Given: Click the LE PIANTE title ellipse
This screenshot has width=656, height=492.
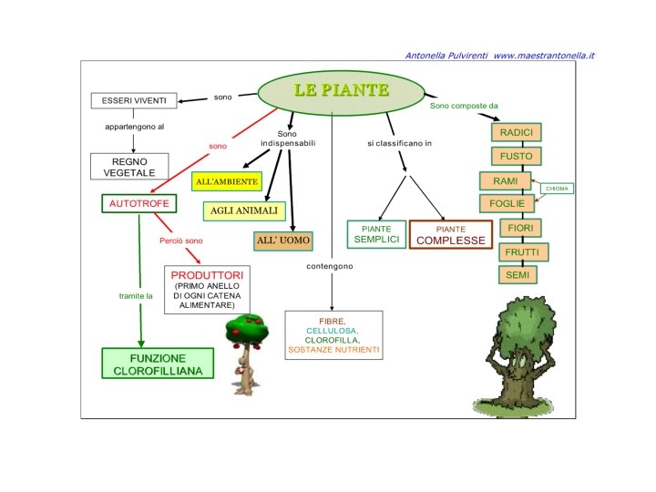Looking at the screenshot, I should [x=341, y=91].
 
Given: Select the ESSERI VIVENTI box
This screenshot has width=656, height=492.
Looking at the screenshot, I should [x=133, y=100].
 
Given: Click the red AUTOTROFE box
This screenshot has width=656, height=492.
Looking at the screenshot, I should [x=134, y=203].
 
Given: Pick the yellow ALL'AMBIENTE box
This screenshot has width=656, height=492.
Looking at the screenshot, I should [x=227, y=181].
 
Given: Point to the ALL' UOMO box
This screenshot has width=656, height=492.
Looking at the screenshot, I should [x=283, y=241].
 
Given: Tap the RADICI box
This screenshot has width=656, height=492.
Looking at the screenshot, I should [x=516, y=132].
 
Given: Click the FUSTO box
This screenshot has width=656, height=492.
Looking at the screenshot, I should [x=516, y=157].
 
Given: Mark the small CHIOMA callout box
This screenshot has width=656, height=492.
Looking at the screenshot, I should [x=557, y=189].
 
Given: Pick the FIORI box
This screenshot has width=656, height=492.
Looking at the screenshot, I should [x=521, y=227].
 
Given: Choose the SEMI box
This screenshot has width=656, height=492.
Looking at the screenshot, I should [x=516, y=274].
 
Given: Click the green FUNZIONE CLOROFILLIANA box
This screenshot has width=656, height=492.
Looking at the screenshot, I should [x=159, y=364].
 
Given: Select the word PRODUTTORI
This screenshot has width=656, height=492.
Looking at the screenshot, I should [x=207, y=274].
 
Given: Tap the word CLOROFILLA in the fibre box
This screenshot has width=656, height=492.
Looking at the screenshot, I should [x=332, y=340].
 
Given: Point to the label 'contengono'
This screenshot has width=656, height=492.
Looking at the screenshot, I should [x=329, y=266].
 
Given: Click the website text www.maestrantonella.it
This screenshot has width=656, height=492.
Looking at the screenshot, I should [x=543, y=56].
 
